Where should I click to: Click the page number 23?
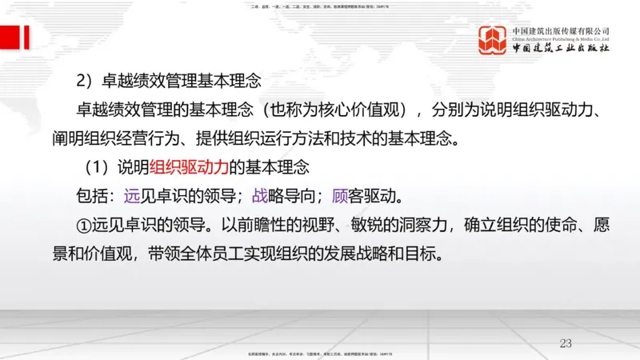pyautogui.click(x=566, y=343)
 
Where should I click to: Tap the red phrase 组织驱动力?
pyautogui.click(x=186, y=168)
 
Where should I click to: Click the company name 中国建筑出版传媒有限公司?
pyautogui.click(x=562, y=30)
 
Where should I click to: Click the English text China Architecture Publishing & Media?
pyautogui.click(x=562, y=38)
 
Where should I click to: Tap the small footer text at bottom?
pyautogui.click(x=320, y=354)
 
